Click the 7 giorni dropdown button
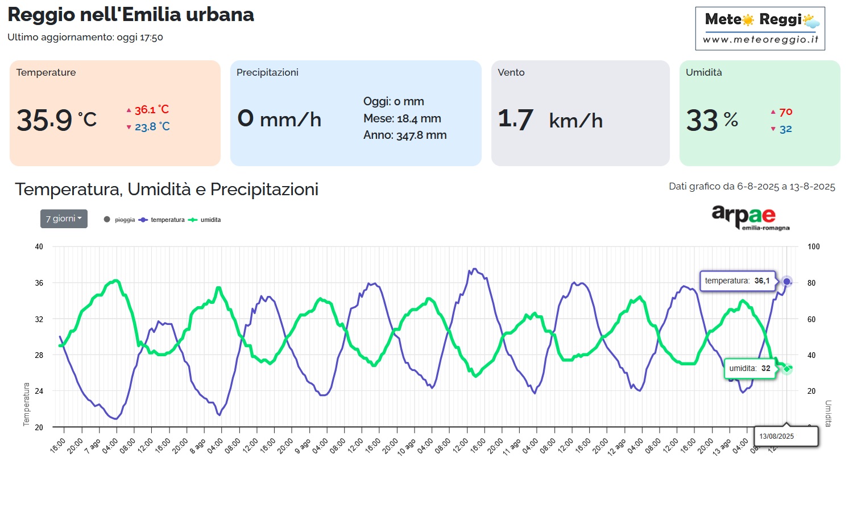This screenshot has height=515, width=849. pos(64,219)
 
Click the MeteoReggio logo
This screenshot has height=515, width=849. pos(760,28)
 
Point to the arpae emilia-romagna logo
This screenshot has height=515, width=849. pos(750,217)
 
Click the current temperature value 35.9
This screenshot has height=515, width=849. pos(45,120)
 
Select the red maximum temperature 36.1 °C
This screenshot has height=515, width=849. pos(151,110)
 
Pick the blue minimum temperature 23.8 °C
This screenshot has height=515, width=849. pos(152,127)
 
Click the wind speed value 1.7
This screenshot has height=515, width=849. pos(515,120)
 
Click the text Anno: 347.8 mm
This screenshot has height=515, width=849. pos(405,135)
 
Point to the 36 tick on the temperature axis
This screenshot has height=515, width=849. pos(39,283)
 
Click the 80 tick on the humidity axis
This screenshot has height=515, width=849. pos(811,283)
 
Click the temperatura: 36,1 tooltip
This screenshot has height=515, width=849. pos(737,281)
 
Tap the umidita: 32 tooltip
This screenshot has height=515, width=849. pos(749,368)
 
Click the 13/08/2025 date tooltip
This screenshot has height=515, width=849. pos(777,436)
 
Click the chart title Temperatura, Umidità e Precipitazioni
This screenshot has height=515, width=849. pos(167,189)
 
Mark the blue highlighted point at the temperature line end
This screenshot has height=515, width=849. pos(786,281)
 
